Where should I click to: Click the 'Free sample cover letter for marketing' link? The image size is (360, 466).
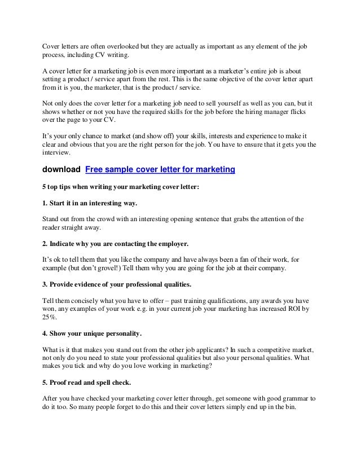click(160, 169)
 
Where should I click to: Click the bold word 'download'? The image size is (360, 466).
click(60, 169)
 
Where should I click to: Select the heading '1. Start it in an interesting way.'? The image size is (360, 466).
click(90, 202)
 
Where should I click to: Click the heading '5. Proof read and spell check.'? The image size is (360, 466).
click(87, 382)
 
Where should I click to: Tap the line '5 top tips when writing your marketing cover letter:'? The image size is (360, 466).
click(121, 186)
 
